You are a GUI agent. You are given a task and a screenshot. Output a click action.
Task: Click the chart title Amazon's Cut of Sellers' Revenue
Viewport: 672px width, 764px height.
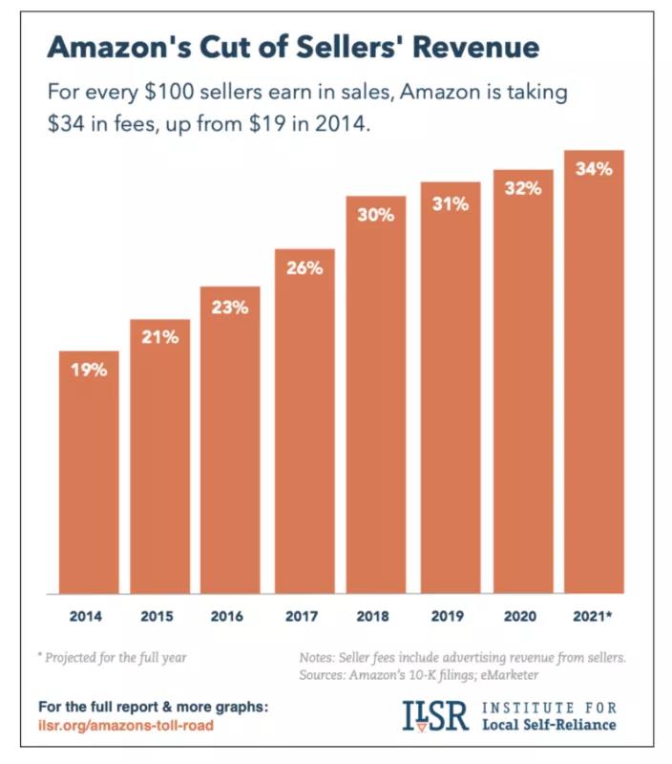[293, 49]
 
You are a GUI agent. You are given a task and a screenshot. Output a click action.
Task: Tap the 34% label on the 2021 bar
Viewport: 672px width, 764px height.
[594, 169]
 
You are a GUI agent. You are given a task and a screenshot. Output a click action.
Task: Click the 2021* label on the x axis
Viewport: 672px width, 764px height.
[594, 616]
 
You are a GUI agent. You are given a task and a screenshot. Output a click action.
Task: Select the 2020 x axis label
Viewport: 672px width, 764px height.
[521, 616]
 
